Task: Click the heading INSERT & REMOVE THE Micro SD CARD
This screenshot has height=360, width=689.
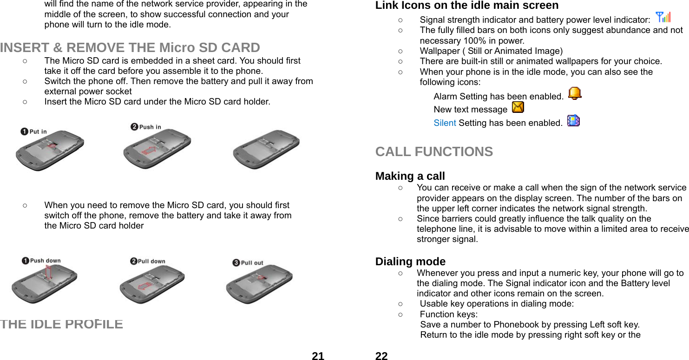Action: [130, 47]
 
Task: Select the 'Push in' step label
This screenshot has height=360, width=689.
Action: [146, 127]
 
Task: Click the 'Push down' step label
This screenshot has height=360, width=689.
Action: [41, 261]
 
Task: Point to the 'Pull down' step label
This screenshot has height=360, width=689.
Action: [148, 261]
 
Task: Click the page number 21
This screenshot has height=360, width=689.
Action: [318, 356]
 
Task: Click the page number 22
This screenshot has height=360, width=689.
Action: [381, 356]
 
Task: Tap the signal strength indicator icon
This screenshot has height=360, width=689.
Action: [663, 18]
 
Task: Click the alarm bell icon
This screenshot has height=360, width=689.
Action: [575, 94]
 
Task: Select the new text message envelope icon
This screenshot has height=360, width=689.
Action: [517, 108]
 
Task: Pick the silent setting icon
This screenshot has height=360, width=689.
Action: [573, 121]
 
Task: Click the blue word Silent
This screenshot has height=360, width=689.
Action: [445, 123]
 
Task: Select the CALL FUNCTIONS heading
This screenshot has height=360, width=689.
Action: [434, 151]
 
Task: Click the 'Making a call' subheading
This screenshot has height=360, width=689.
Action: [410, 176]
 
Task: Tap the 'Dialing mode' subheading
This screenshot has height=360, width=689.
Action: [410, 262]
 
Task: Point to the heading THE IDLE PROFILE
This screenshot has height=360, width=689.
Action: [62, 324]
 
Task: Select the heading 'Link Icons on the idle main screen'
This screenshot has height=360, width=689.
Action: [467, 6]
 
